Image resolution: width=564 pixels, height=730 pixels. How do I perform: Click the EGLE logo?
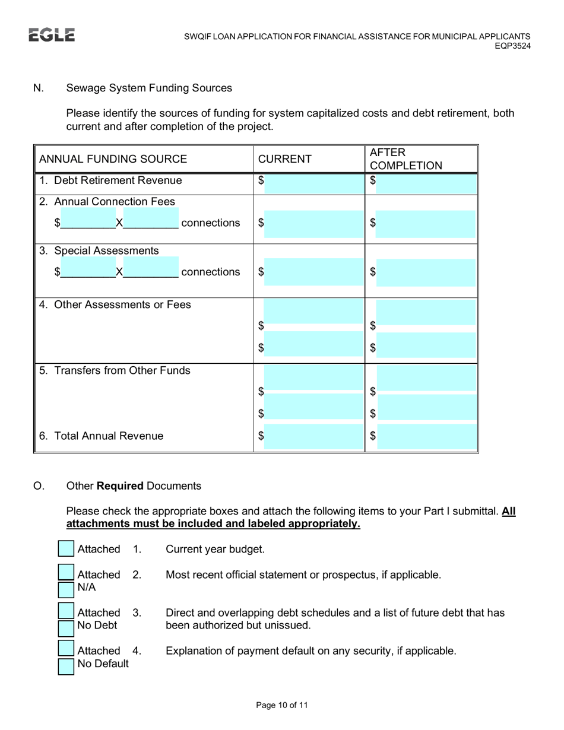pyautogui.click(x=52, y=35)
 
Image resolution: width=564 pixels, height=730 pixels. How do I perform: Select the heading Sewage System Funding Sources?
pyautogui.click(x=149, y=88)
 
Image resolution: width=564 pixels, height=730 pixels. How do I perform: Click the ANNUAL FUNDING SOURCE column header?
pyautogui.click(x=113, y=159)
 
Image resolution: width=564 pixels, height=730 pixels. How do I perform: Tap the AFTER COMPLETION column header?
pyautogui.click(x=405, y=159)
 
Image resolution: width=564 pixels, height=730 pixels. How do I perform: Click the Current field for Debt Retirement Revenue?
pyautogui.click(x=313, y=184)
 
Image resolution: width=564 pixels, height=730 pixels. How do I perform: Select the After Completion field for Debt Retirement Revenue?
pyautogui.click(x=426, y=184)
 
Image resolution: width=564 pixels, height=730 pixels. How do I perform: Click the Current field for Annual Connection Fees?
pyautogui.click(x=313, y=224)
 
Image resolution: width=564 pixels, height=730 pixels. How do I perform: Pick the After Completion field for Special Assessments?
pyautogui.click(x=426, y=272)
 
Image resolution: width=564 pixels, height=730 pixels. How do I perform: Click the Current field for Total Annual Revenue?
pyautogui.click(x=313, y=437)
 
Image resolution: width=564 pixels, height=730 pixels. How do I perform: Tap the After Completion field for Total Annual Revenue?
pyautogui.click(x=426, y=437)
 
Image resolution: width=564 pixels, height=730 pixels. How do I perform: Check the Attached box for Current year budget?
pyautogui.click(x=66, y=549)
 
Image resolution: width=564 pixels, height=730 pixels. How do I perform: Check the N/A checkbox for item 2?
pyautogui.click(x=66, y=589)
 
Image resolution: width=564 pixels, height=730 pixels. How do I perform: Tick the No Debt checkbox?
pyautogui.click(x=66, y=627)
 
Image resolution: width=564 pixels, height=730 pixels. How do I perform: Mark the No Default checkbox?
pyautogui.click(x=66, y=666)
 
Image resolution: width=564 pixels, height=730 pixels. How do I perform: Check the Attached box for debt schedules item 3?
pyautogui.click(x=66, y=611)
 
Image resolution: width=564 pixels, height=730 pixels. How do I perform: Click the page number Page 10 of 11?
pyautogui.click(x=282, y=705)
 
